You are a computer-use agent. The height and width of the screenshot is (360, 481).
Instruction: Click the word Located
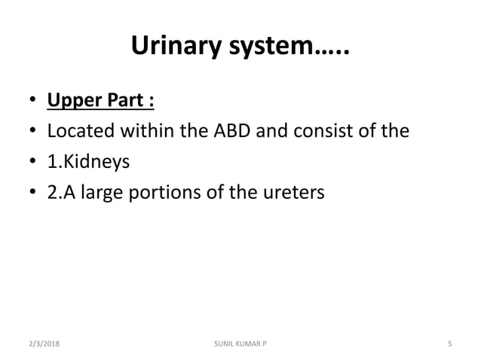tap(80, 131)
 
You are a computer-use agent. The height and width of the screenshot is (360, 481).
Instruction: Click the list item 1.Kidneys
tap(87, 163)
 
